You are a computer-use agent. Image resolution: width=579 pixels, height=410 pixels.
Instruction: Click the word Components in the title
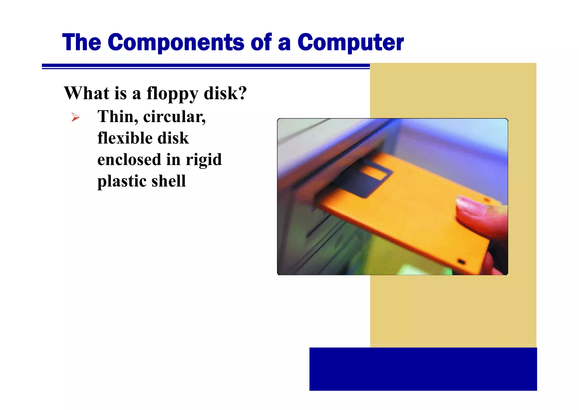[176, 42]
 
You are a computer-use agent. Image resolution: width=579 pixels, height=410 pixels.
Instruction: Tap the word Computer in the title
[351, 42]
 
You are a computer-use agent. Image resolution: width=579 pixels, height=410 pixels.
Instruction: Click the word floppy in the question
[172, 93]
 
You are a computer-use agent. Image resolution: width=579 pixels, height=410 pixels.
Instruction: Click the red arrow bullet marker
[75, 117]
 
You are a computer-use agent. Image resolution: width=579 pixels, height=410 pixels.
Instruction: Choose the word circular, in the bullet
[174, 117]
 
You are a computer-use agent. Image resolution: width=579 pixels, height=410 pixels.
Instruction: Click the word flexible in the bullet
[124, 138]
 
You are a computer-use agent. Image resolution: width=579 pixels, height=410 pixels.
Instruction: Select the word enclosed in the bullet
[129, 159]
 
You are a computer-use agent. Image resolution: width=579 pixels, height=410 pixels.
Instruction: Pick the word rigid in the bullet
[204, 160]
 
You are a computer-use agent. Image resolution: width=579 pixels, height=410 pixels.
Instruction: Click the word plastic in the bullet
[121, 181]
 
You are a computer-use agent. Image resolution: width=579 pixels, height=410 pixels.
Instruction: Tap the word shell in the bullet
[168, 181]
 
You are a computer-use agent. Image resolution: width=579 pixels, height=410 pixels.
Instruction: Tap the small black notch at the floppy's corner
[461, 261]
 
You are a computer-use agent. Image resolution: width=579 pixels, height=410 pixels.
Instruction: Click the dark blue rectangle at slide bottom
[423, 369]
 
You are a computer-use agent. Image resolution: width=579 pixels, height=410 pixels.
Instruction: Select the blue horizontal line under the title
[206, 66]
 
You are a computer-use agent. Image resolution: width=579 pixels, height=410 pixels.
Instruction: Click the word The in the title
[82, 42]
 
